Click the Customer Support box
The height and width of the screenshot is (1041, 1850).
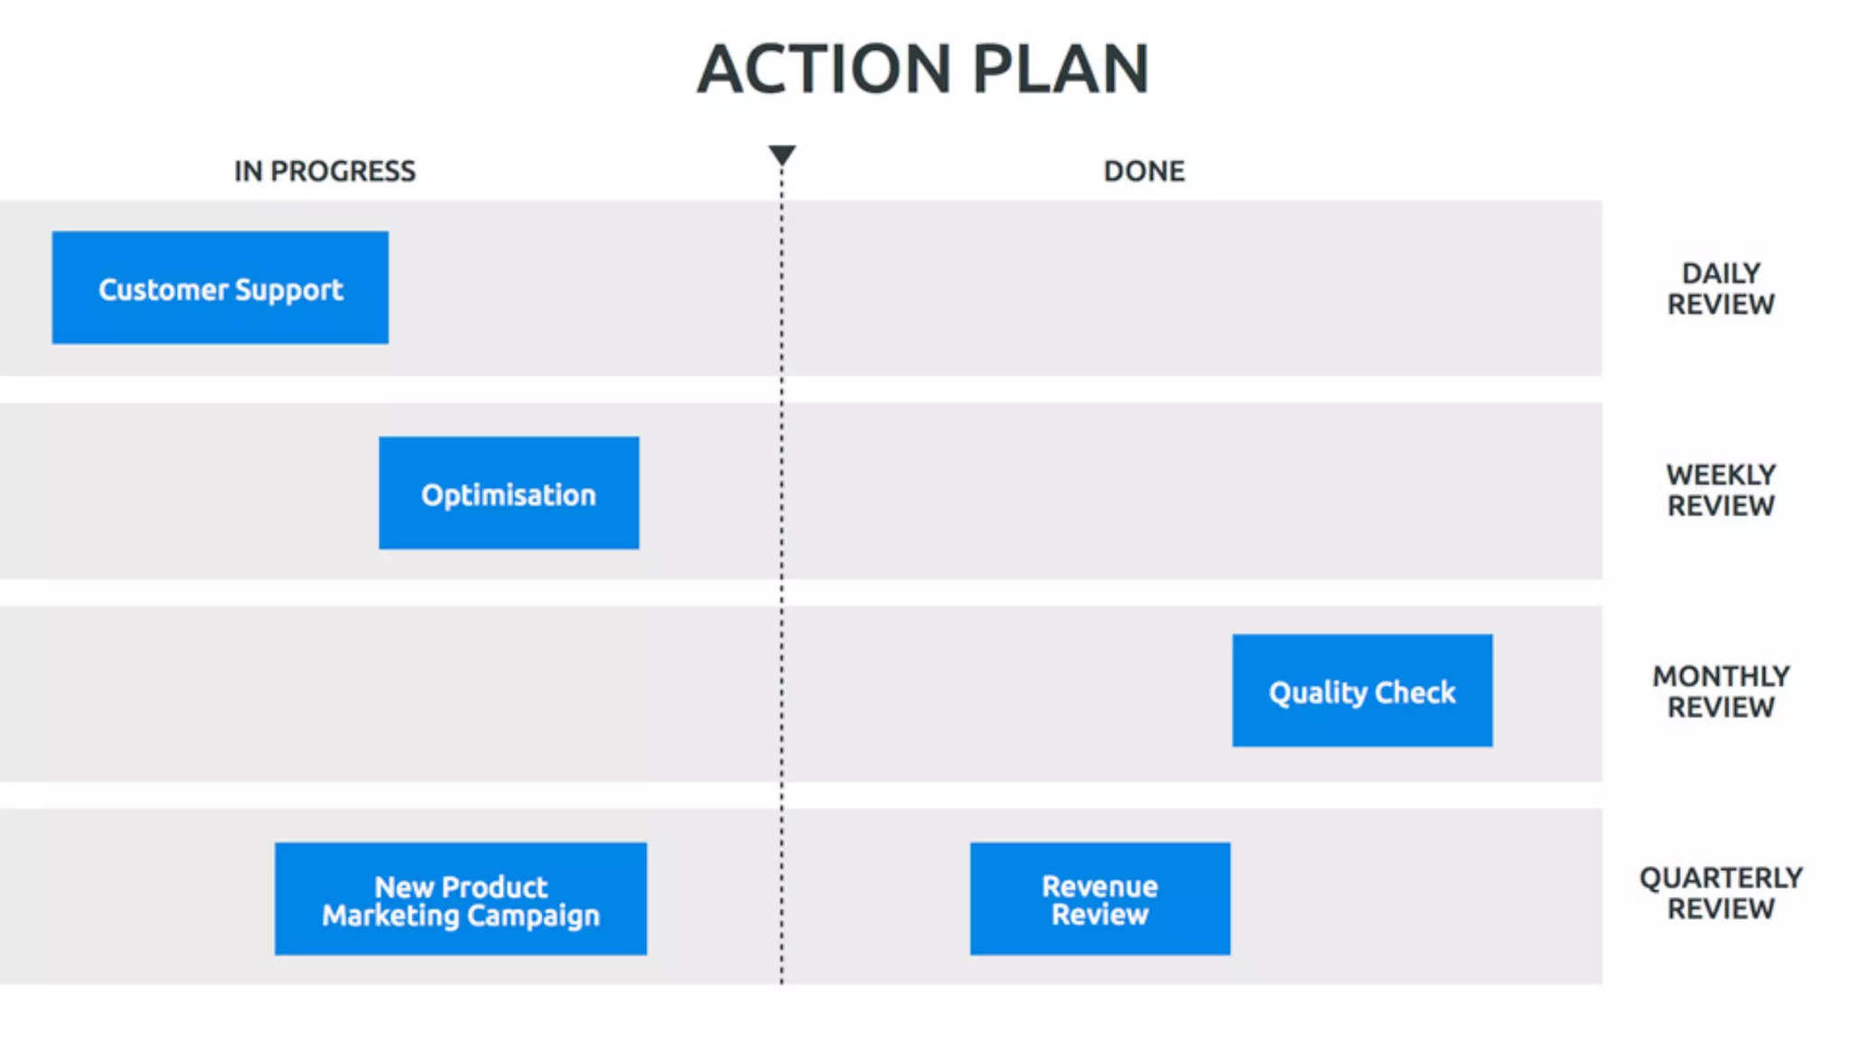(x=220, y=287)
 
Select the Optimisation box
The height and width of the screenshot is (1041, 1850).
(x=509, y=493)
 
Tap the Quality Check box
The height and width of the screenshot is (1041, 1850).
(x=1362, y=691)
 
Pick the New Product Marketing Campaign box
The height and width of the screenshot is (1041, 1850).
(x=461, y=899)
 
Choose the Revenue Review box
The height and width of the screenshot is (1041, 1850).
(x=1099, y=899)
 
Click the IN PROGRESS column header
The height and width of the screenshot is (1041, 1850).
(x=324, y=171)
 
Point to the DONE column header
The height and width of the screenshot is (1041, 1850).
(x=1144, y=171)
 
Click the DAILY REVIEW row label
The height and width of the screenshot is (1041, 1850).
(x=1721, y=288)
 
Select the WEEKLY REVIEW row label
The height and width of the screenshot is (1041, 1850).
(x=1721, y=490)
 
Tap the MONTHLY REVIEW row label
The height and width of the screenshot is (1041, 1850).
(x=1721, y=691)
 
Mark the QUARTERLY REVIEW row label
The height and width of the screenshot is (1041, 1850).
(x=1721, y=893)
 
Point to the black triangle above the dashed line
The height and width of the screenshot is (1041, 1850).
(x=782, y=155)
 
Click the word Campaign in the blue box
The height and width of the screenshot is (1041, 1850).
(x=533, y=915)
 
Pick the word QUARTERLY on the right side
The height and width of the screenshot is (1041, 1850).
(x=1721, y=877)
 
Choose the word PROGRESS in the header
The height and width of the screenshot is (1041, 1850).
(x=343, y=171)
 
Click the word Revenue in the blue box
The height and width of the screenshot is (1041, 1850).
(x=1099, y=886)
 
